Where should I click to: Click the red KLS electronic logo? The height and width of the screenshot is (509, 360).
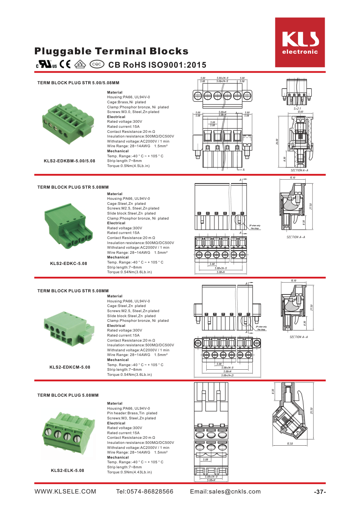point(300,42)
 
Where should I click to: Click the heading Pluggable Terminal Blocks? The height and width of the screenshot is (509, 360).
point(111,51)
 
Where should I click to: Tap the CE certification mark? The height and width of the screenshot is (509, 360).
point(65,64)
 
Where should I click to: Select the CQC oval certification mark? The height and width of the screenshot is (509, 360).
point(96,64)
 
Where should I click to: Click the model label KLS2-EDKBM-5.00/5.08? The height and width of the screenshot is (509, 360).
point(69,161)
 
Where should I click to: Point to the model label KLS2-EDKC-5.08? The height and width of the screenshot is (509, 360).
point(68,263)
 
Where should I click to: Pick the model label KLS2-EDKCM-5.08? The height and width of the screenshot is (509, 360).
point(70,367)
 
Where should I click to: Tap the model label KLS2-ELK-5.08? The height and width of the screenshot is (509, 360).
point(67,470)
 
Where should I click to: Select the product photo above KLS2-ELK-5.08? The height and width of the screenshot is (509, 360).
point(68,434)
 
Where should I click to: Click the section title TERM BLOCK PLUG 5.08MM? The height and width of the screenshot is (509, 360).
point(68,395)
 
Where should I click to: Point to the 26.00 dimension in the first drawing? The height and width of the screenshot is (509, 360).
point(277,141)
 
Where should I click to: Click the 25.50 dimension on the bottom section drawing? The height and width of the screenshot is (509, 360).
point(311,411)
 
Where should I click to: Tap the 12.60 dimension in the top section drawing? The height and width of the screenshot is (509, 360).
point(300,112)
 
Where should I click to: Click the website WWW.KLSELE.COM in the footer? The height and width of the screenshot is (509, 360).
point(65,491)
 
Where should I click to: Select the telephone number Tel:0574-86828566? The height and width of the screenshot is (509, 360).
point(144,491)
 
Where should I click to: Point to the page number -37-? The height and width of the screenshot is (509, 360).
point(320,492)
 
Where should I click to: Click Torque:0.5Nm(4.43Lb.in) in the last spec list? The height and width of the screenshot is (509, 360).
point(129,472)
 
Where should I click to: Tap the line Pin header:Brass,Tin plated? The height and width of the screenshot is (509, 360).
point(132,413)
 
